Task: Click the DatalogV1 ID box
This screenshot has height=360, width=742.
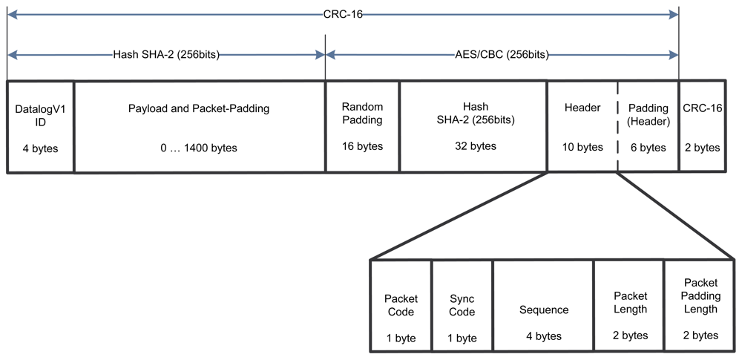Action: [40, 127]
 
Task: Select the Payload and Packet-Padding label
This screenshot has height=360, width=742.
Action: [199, 108]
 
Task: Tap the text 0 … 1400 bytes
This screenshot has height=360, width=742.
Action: [199, 148]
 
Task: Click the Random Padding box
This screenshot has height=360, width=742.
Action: [362, 127]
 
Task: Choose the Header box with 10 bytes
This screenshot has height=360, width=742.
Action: [582, 127]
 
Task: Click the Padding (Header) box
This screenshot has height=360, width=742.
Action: [648, 127]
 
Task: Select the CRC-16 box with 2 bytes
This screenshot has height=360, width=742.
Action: [701, 127]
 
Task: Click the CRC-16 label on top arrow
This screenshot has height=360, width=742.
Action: [342, 13]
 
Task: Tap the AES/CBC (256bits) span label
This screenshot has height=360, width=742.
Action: [502, 54]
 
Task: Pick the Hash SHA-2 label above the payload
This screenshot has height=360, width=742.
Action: [165, 54]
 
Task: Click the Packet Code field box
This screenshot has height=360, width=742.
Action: [400, 305]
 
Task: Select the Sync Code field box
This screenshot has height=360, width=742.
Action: [462, 305]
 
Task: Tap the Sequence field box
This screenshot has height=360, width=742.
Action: [543, 305]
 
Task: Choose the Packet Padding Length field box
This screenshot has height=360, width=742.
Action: [700, 305]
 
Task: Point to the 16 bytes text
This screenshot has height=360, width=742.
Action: [362, 146]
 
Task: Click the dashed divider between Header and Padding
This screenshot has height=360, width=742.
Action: [617, 127]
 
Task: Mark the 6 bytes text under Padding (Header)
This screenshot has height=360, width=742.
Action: [648, 148]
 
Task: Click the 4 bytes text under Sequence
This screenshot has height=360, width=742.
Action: [543, 336]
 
